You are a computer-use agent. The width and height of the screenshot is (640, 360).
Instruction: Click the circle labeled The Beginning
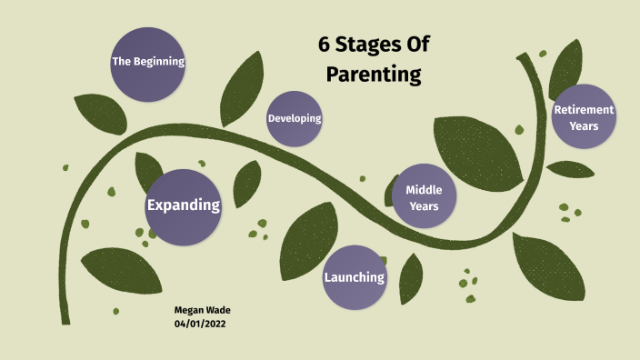pos(147,63)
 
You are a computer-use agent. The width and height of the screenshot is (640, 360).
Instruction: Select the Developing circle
pos(294,119)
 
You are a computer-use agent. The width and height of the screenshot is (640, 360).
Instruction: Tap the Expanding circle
pos(184,205)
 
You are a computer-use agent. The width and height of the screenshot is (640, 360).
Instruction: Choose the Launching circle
pos(355,276)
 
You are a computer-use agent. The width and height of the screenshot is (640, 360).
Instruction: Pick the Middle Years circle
pos(423,197)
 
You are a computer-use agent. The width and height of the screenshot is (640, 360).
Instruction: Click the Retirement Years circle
pos(584,117)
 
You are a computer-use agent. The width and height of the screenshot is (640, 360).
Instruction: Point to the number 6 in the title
pos(324,45)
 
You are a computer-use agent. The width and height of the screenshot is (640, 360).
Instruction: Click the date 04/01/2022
pos(200,324)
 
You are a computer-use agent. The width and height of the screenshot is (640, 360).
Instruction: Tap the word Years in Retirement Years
pos(584,125)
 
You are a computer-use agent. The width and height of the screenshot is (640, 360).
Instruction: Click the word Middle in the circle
pos(423,189)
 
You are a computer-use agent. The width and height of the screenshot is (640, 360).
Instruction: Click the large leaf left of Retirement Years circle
pos(477,145)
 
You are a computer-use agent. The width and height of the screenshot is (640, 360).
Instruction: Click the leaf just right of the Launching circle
pos(411,277)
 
